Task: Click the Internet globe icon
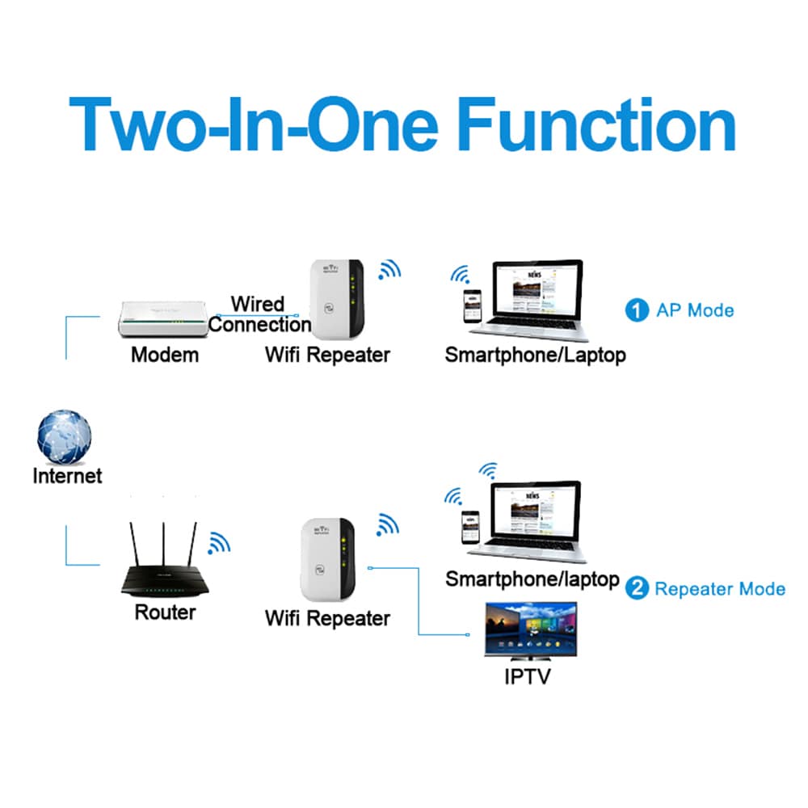(x=64, y=437)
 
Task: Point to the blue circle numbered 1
(x=638, y=310)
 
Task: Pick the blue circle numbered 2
(x=637, y=588)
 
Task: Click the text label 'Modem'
(x=165, y=354)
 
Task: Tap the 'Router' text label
(x=165, y=612)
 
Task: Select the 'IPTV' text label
(x=527, y=675)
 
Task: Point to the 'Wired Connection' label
(x=259, y=314)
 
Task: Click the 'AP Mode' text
(x=695, y=310)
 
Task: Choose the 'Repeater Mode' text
(x=720, y=588)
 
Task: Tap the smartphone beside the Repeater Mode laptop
(x=467, y=527)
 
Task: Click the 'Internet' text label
(x=67, y=475)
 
